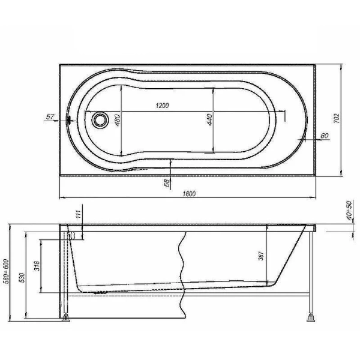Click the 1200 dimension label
coord(161,106)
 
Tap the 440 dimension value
coord(209,119)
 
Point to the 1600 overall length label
coord(190,193)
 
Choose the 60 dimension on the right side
coord(324,136)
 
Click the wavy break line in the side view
coord(181,270)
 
